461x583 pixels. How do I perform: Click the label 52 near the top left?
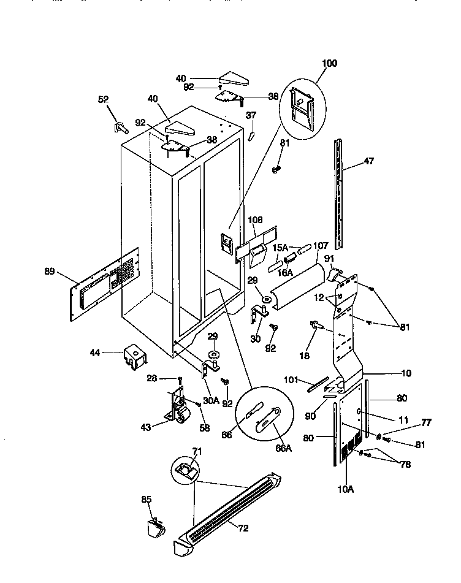(104, 99)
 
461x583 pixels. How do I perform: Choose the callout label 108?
(255, 219)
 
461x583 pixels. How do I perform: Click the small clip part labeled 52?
(119, 128)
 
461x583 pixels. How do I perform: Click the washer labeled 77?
(379, 437)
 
